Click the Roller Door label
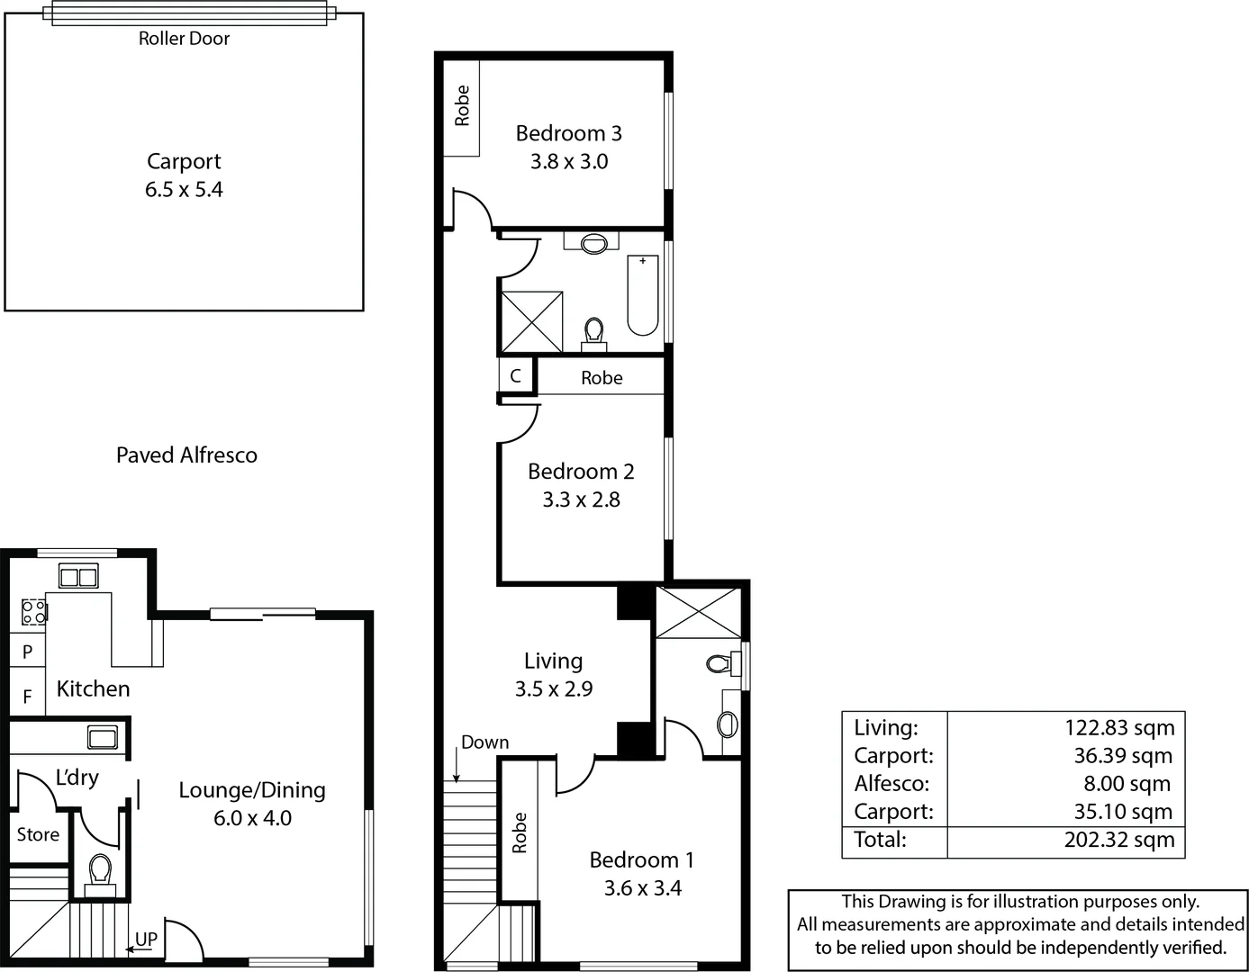coord(184,39)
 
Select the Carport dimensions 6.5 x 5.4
coord(184,190)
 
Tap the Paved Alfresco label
coord(186,455)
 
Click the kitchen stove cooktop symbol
coord(33,613)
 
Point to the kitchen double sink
coord(78,576)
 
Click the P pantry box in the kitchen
coord(27,652)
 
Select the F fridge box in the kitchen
coord(27,697)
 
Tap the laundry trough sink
coord(102,738)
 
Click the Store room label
coord(38,834)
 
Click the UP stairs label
coord(146,939)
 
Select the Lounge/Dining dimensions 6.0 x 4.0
coord(252,818)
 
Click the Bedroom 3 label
coord(568,133)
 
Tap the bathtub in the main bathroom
coord(642,295)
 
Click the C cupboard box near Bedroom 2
coord(515,376)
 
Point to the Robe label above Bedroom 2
coord(602,378)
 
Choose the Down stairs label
coord(484,742)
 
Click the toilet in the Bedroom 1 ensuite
coord(719,664)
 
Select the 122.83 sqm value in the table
coord(1119,727)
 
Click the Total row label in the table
coord(880,840)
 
